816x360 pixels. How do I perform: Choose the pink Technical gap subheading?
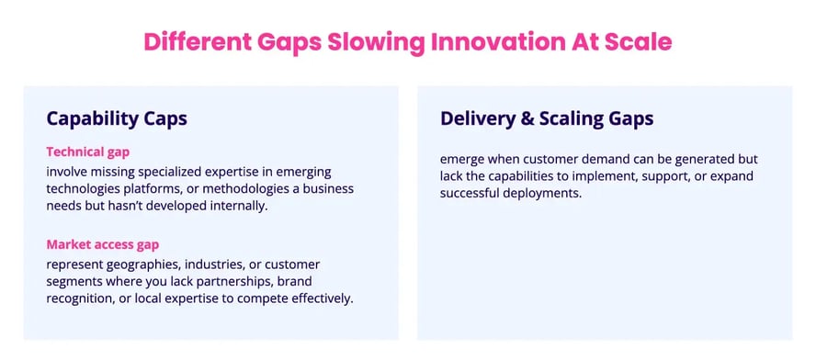point(88,152)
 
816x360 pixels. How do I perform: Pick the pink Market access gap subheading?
point(104,244)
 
